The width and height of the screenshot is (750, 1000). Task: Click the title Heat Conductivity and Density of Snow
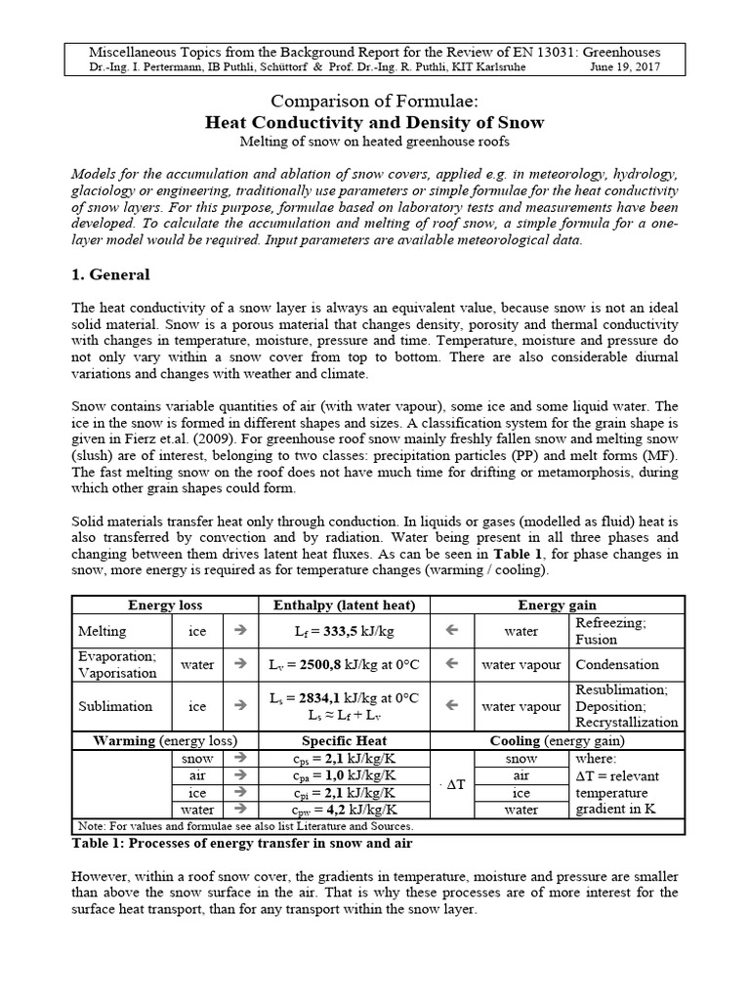[x=374, y=122]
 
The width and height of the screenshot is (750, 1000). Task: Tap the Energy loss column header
[x=165, y=605]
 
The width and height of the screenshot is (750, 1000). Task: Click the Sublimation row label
[x=114, y=706]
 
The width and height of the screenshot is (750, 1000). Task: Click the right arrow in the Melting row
[x=241, y=631]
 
